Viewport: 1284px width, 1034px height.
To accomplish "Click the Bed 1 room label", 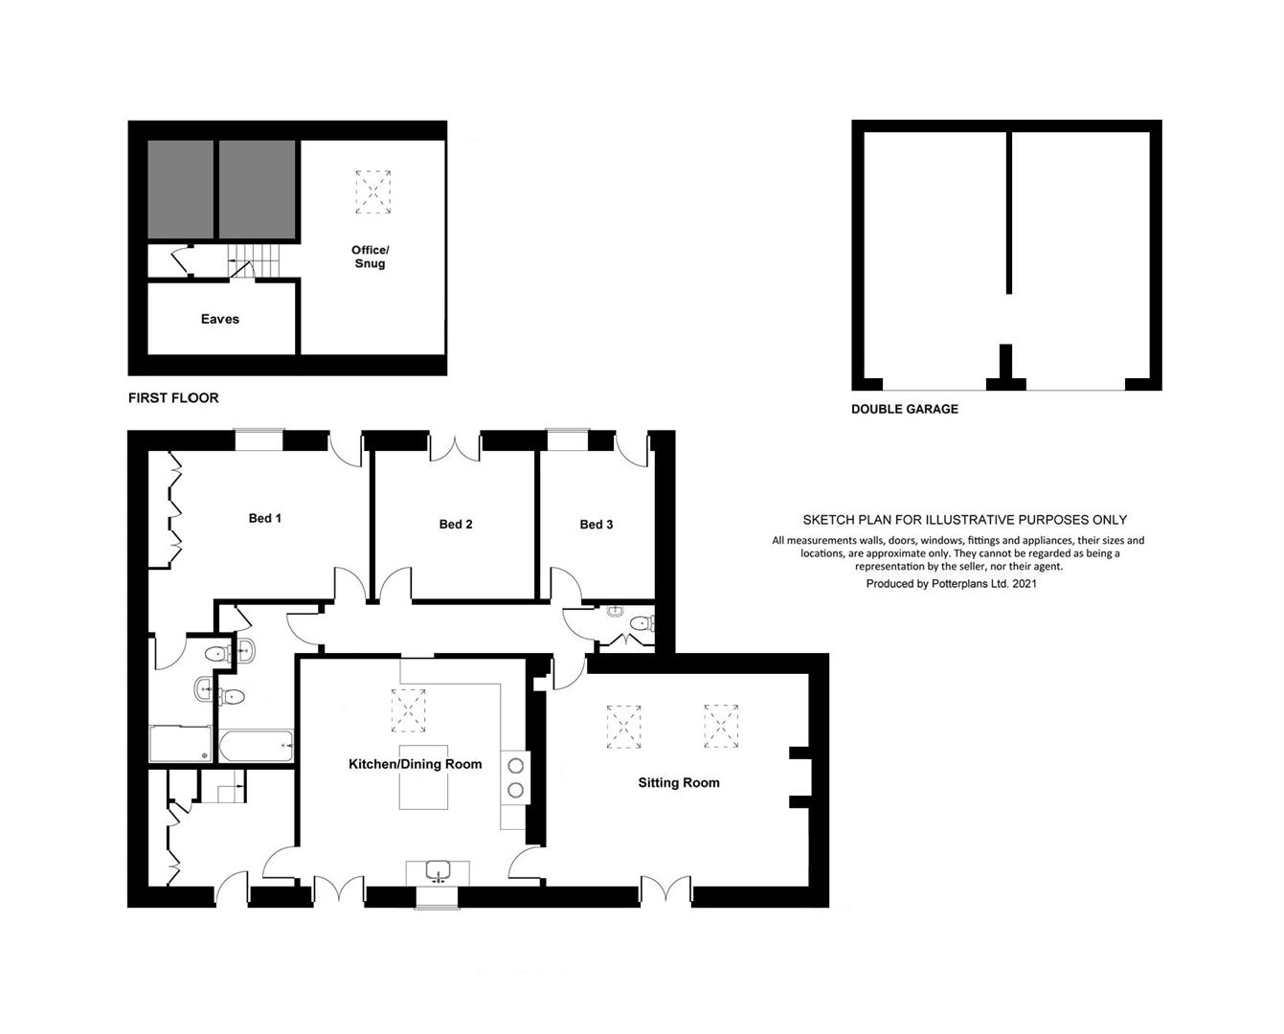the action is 265,519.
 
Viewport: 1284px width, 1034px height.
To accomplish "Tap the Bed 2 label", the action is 456,525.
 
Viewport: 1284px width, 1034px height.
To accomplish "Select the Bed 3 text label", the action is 597,525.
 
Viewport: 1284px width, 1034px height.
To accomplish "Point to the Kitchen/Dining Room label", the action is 416,764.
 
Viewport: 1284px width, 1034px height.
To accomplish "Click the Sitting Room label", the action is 679,783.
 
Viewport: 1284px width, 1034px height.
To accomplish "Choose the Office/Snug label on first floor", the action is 370,257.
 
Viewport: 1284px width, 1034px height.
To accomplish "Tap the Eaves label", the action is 220,319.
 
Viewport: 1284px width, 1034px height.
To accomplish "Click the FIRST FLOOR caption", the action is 173,398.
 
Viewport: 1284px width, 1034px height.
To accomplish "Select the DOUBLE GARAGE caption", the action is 905,410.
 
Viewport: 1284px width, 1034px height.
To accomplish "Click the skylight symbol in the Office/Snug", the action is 372,192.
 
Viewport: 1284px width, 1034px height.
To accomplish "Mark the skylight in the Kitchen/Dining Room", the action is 409,710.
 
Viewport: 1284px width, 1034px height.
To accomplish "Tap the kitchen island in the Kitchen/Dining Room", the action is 423,777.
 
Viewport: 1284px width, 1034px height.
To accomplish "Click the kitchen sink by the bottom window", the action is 439,870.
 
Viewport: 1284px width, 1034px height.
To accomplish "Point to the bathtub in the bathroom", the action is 256,746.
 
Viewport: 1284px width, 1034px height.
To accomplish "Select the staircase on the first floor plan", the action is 254,260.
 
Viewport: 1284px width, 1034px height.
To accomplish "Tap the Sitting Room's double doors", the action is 666,888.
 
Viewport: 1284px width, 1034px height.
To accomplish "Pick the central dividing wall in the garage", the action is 1009,213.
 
